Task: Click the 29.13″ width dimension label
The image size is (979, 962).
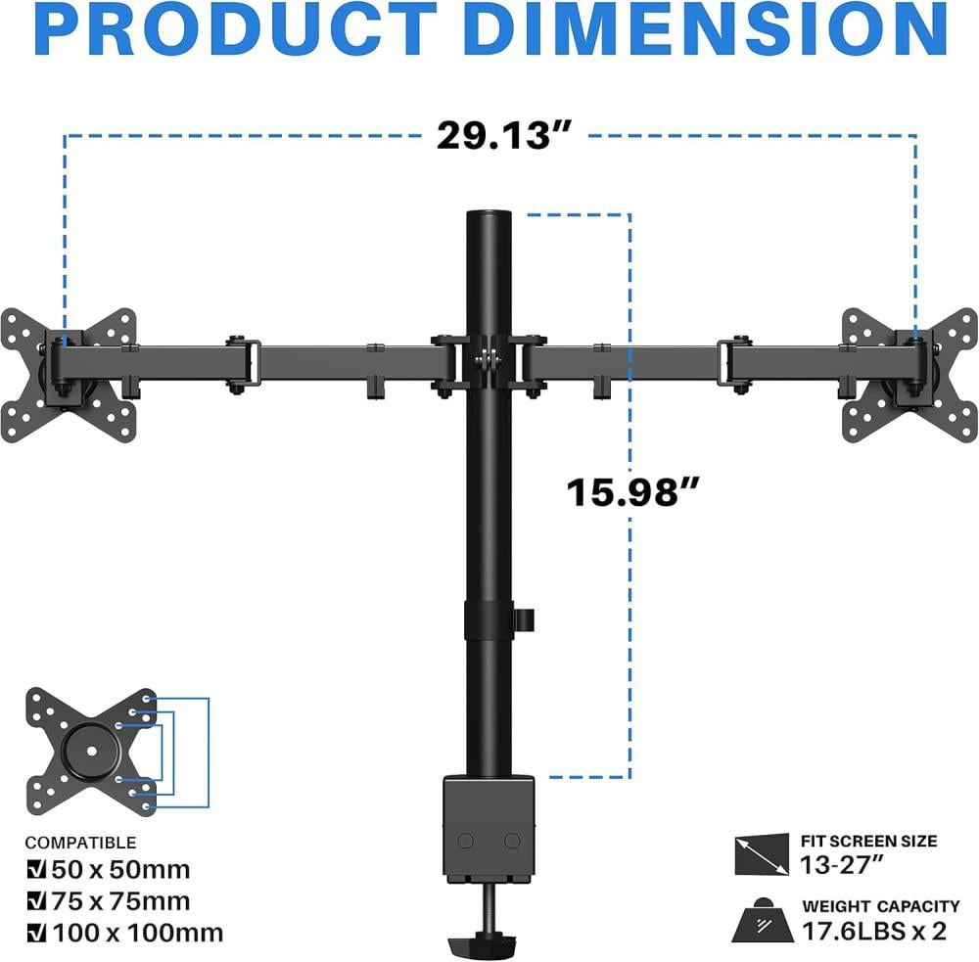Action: pyautogui.click(x=503, y=135)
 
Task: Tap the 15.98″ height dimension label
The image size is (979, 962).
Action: pyautogui.click(x=632, y=492)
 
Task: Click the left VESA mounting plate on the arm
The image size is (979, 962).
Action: pyautogui.click(x=69, y=375)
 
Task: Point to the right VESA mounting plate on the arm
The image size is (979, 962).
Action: pyautogui.click(x=909, y=375)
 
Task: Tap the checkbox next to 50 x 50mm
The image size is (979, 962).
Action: pyautogui.click(x=37, y=869)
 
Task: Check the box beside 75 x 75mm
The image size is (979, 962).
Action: pyautogui.click(x=37, y=900)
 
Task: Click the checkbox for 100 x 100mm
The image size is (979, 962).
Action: pyautogui.click(x=37, y=933)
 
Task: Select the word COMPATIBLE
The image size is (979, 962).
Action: pyautogui.click(x=80, y=843)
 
